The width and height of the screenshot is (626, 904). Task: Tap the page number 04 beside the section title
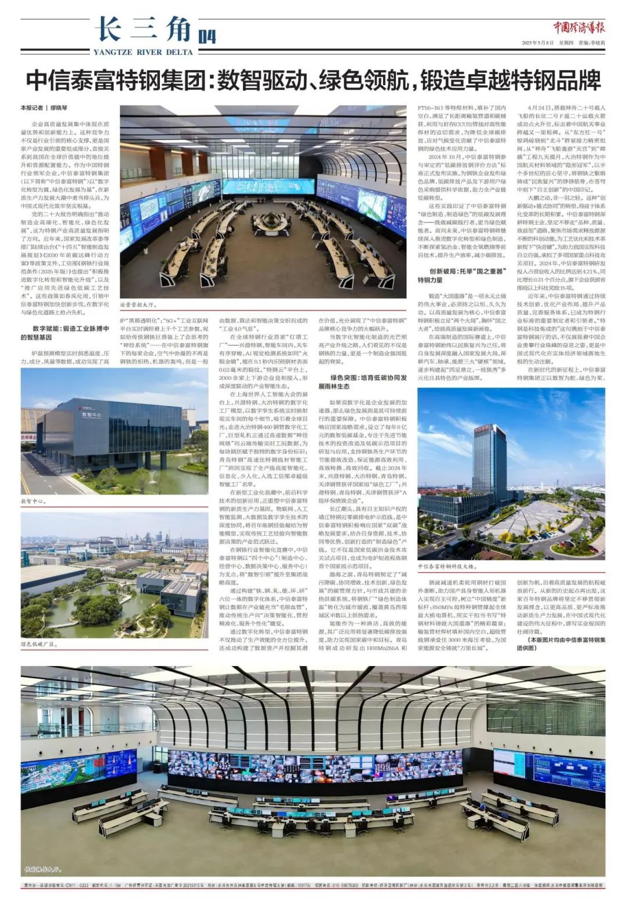tap(207, 36)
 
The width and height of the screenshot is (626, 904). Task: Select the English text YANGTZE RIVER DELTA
tap(143, 52)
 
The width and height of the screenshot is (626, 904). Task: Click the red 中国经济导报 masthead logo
tap(578, 27)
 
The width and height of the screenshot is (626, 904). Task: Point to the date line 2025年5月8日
tap(538, 43)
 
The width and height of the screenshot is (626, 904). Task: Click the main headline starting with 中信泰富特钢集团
tap(313, 80)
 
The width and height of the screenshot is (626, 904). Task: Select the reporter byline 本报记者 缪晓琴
tap(44, 108)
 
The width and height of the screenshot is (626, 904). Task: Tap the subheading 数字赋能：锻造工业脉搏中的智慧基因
tap(65, 332)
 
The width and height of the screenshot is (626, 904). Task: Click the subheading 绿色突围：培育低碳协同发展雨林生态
tap(362, 382)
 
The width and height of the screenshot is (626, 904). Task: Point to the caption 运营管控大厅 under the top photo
tap(139, 304)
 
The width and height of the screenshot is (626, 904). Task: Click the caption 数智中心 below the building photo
tap(34, 501)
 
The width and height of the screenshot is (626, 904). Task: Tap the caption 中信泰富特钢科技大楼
tap(447, 566)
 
